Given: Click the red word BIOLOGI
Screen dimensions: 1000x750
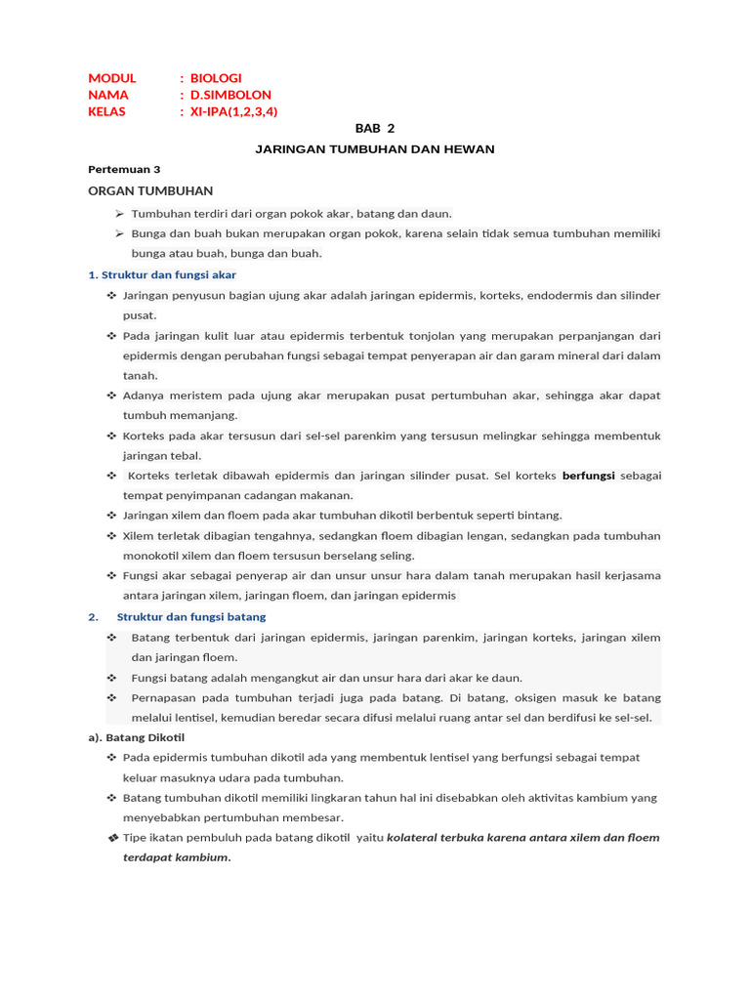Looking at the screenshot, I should tap(216, 78).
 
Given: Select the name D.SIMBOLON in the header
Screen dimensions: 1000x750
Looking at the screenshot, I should tap(230, 95).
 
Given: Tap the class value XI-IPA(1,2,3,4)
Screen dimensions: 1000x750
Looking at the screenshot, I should tap(234, 111).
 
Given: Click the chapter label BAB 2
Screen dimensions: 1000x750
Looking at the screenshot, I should tap(375, 128).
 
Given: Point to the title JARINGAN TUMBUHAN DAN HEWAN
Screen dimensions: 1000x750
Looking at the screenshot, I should tap(375, 148).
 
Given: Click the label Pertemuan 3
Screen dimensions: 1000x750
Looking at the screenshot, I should tap(124, 169).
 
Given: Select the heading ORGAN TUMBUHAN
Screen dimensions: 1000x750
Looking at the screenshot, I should tap(150, 190).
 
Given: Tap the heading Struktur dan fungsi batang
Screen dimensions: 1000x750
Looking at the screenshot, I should tap(191, 616).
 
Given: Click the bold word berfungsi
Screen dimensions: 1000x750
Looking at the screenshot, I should tap(588, 476).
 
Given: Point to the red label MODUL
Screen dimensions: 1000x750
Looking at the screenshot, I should tap(112, 78).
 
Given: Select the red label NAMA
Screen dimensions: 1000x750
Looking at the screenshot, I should tap(108, 95).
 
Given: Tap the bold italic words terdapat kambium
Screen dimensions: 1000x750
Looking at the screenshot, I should tap(176, 857).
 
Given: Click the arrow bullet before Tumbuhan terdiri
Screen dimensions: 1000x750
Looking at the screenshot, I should tap(119, 213).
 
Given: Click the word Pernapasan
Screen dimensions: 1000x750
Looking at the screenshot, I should tap(164, 697).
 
